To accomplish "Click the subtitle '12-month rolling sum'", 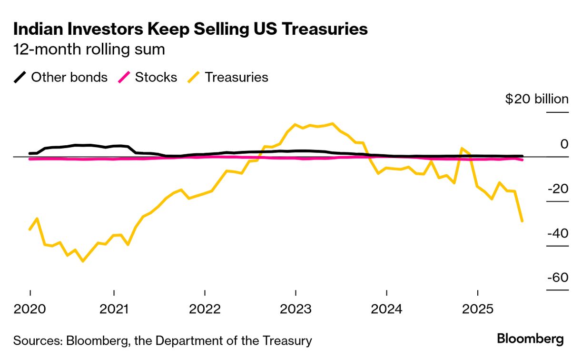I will pyautogui.click(x=89, y=50).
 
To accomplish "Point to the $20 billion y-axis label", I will pyautogui.click(x=537, y=100).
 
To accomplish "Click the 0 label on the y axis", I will pyautogui.click(x=564, y=144).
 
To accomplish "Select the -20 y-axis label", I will pyautogui.click(x=557, y=189).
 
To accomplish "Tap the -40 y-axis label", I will pyautogui.click(x=557, y=233).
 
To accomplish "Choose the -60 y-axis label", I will pyautogui.click(x=557, y=278).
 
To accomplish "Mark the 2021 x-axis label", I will pyautogui.click(x=114, y=309).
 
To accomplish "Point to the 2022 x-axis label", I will pyautogui.click(x=205, y=309).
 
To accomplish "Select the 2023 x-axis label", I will pyautogui.click(x=296, y=309).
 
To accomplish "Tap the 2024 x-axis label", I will pyautogui.click(x=386, y=309).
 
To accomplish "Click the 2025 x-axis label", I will pyautogui.click(x=477, y=309).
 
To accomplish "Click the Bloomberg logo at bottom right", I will pyautogui.click(x=530, y=339).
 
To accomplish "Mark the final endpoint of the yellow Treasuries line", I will pyautogui.click(x=522, y=221).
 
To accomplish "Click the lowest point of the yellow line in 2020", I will pyautogui.click(x=83, y=261).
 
